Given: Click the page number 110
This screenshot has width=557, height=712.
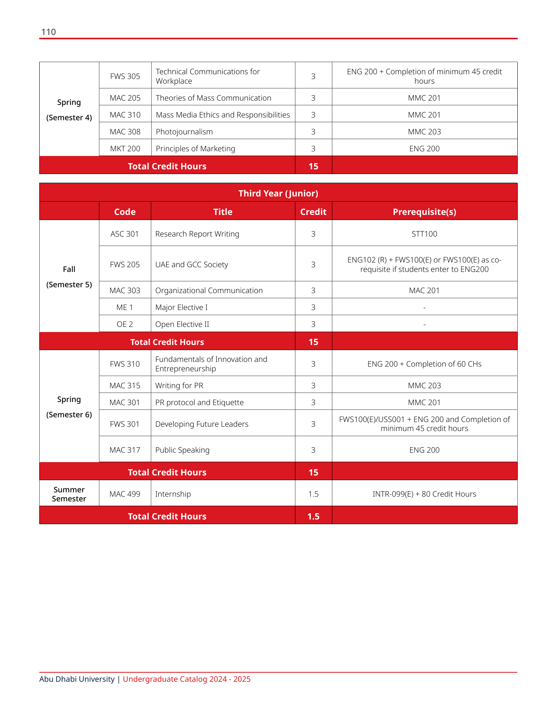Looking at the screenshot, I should coord(48,32).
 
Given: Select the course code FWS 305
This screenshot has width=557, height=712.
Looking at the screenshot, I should coord(125,76).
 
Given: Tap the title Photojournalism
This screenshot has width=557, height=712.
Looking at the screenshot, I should coord(184,132).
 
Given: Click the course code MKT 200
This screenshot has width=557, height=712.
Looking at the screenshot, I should coord(125,149).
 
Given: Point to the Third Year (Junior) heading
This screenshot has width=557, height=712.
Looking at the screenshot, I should coord(278,193).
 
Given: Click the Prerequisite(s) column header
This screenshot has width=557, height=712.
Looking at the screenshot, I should coord(424,212).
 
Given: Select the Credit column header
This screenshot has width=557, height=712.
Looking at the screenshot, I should coord(313,212).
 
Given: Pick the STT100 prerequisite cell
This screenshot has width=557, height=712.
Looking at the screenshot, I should coord(424,234).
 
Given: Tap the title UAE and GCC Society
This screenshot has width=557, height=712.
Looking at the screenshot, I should coord(192,264).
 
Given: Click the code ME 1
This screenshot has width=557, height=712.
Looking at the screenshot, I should coord(125,307).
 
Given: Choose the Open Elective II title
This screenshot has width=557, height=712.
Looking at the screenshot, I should coord(182,324).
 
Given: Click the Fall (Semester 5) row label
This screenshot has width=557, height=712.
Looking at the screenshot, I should coord(69,277).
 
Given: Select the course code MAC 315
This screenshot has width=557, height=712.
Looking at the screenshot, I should coord(125,385).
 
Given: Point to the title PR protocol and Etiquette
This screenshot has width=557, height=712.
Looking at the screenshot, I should coord(200,402).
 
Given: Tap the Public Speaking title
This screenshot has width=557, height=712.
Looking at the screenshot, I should coord(182,450).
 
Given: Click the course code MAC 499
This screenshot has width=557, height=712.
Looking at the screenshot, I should coord(125,494).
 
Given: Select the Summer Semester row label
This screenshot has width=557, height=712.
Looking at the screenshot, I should coord(69,494).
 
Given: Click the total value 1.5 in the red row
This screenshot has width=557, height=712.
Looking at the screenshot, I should coord(313,516).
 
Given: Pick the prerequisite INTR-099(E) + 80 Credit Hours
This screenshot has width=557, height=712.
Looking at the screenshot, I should coord(424,494).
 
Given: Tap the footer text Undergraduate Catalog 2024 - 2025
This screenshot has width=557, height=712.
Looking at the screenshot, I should coord(187,679).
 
